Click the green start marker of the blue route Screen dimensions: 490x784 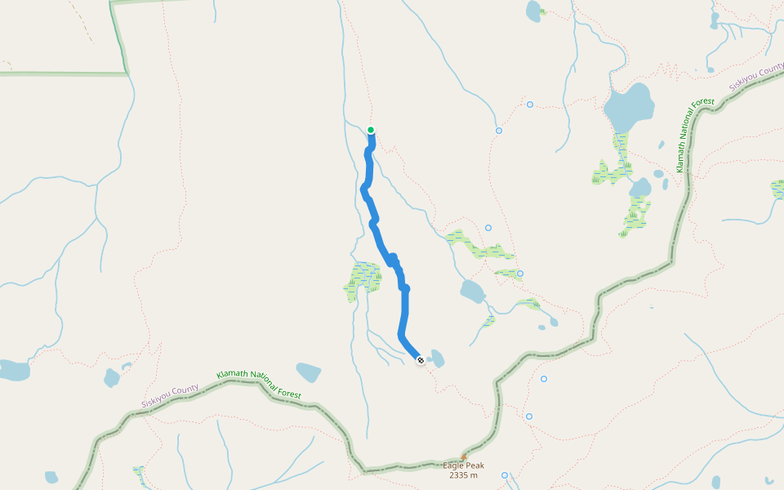371,130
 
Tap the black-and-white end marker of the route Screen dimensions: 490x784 420,360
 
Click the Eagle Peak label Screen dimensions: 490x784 463,465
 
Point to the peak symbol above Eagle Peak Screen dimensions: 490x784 464,457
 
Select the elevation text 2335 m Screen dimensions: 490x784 463,475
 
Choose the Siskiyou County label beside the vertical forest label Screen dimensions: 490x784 757,79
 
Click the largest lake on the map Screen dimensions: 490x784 629,107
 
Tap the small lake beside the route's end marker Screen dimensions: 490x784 436,358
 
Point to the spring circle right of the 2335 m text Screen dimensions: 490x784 505,475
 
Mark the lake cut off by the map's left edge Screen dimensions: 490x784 13,370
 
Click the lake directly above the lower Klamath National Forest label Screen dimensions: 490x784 309,372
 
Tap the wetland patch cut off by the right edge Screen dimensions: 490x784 777,189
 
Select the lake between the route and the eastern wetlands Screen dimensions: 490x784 472,291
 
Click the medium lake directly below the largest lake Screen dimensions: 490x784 640,188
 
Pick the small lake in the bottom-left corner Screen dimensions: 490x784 51,477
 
